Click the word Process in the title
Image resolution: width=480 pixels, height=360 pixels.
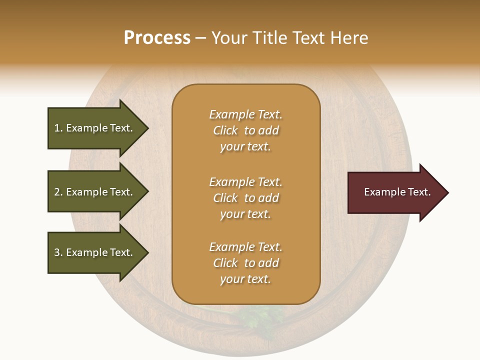(x=157, y=38)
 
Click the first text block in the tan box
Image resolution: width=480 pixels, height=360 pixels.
(x=245, y=130)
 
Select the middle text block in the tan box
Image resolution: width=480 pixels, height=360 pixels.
(x=245, y=198)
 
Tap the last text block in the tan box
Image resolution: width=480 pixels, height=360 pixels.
(x=245, y=263)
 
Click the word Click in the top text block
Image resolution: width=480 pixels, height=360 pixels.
(x=225, y=130)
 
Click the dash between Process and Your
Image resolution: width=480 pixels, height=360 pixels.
(x=200, y=38)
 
